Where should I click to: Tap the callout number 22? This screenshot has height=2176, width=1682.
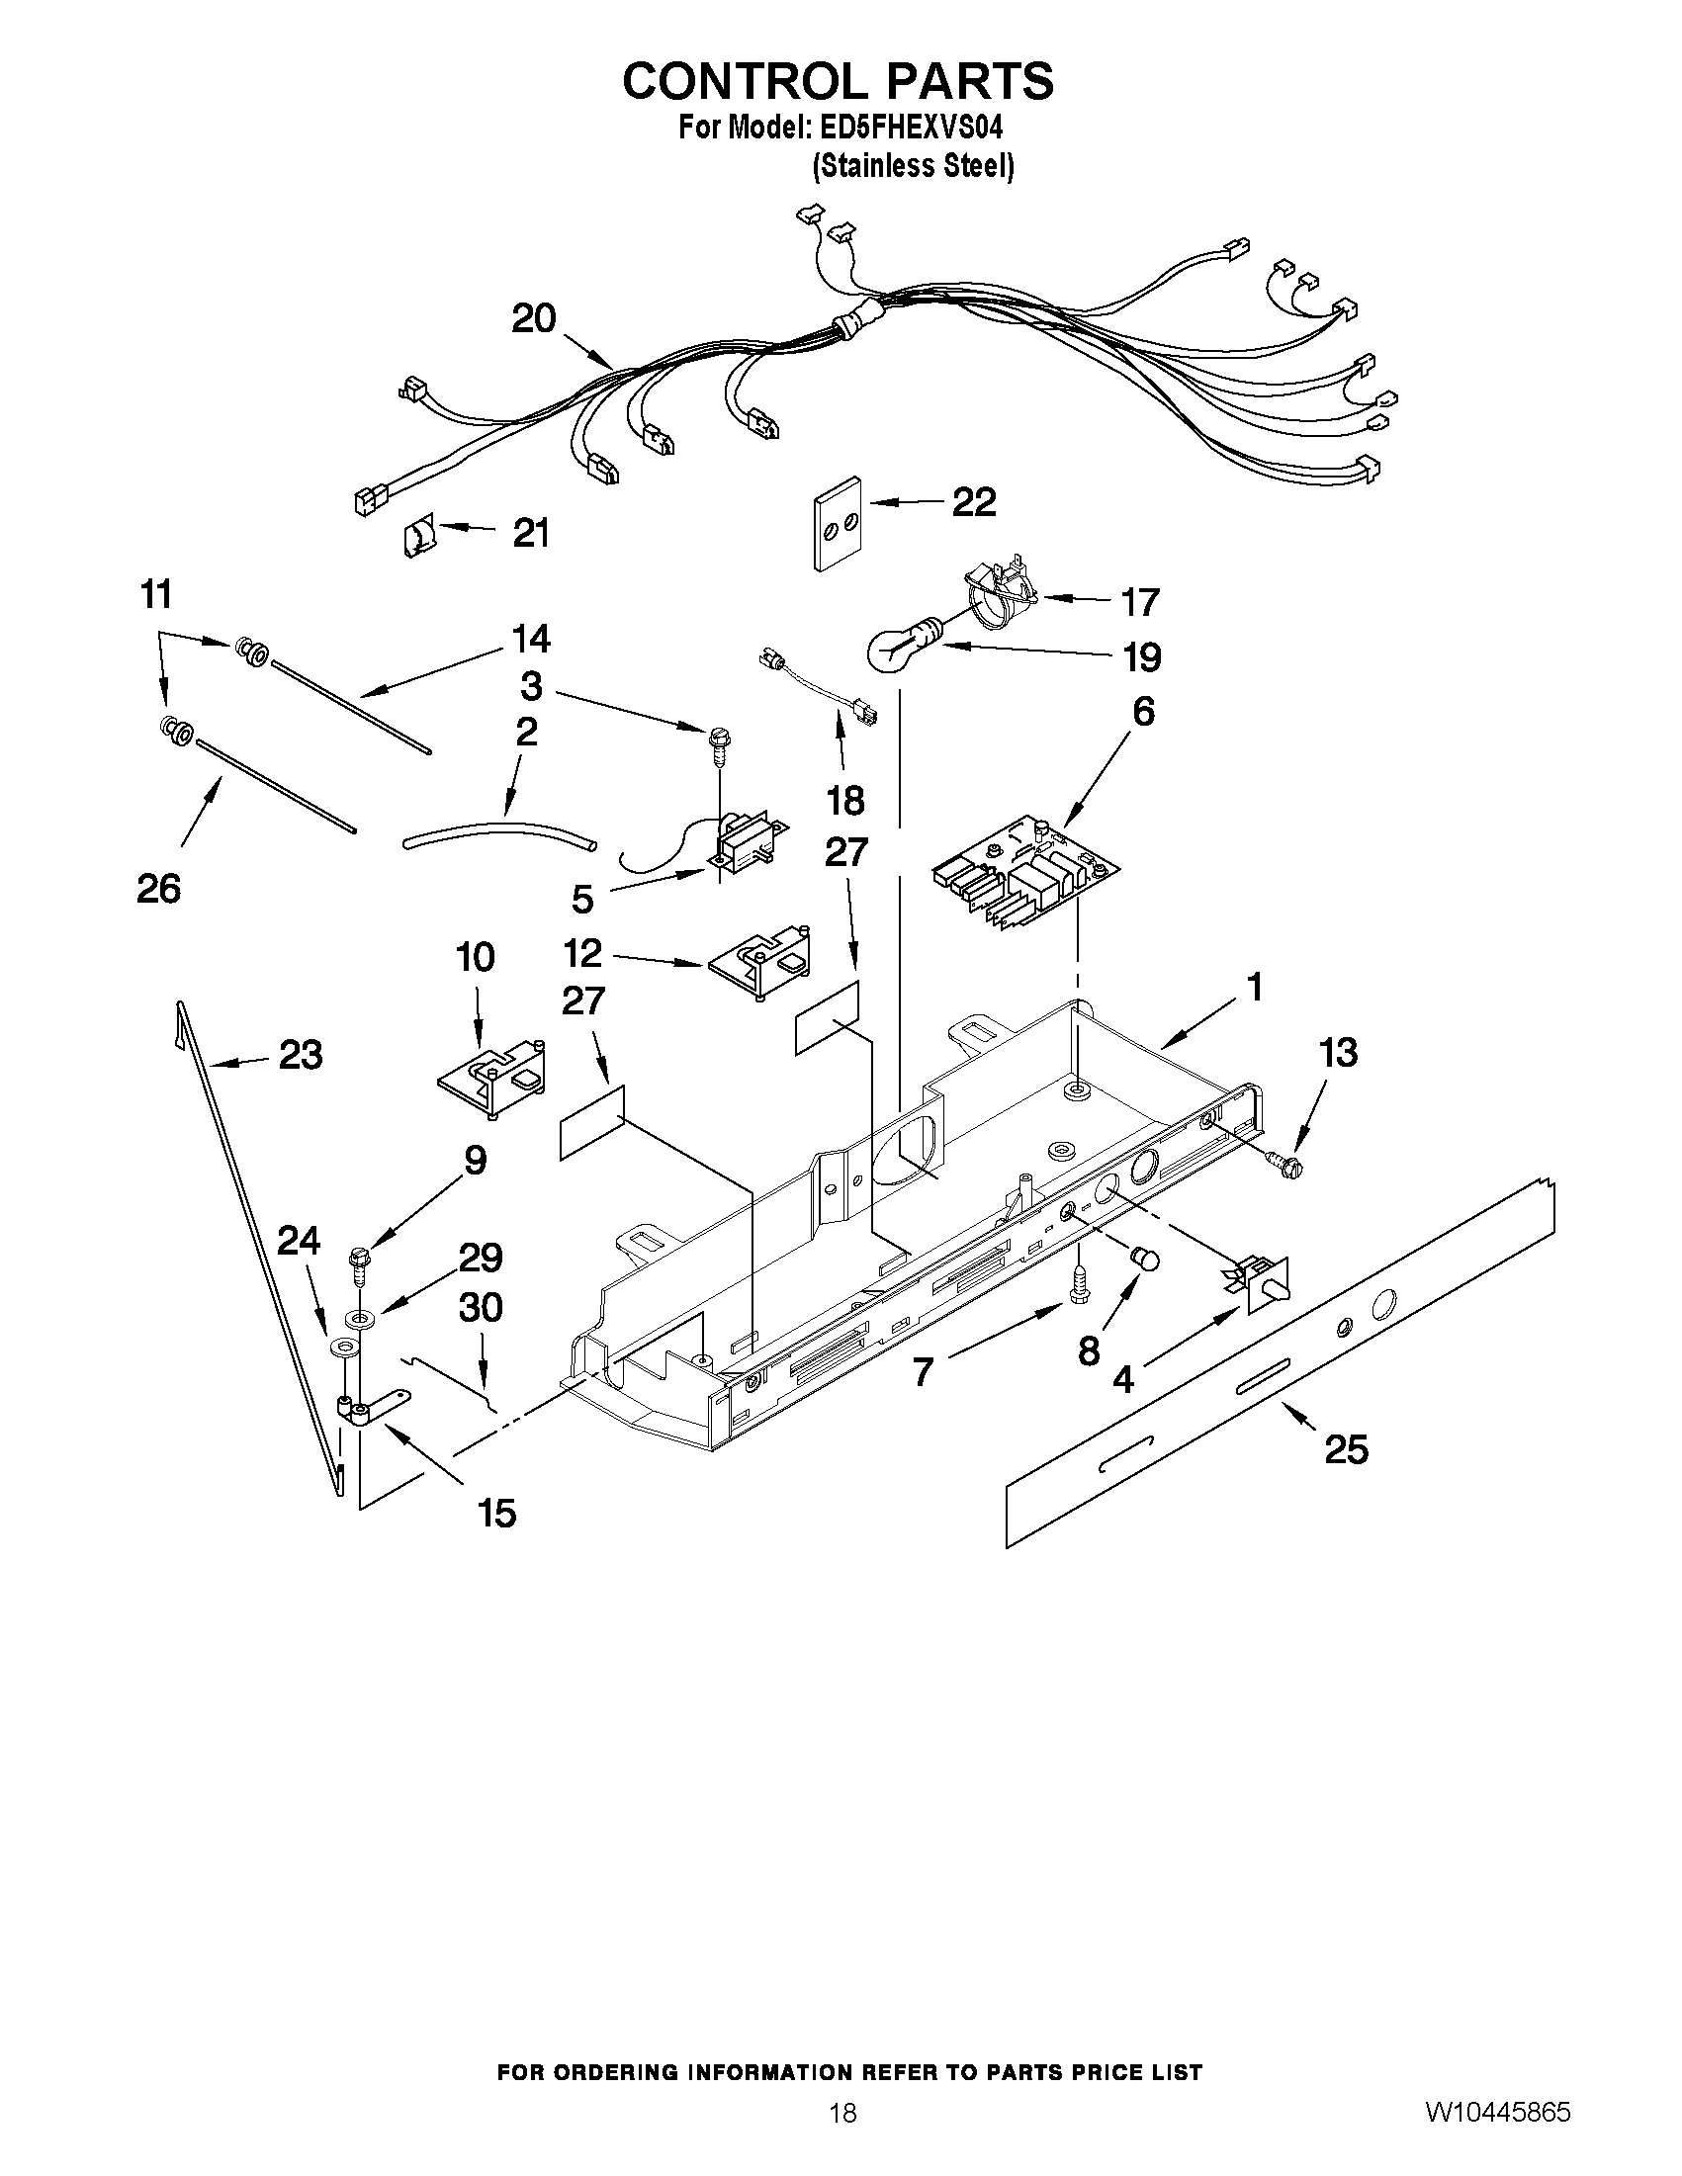(974, 502)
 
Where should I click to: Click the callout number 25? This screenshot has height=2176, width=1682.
(1345, 1448)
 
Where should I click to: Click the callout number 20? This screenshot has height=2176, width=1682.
(533, 318)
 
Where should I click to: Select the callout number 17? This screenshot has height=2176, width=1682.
(1140, 602)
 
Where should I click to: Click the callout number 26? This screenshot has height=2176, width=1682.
(158, 888)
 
